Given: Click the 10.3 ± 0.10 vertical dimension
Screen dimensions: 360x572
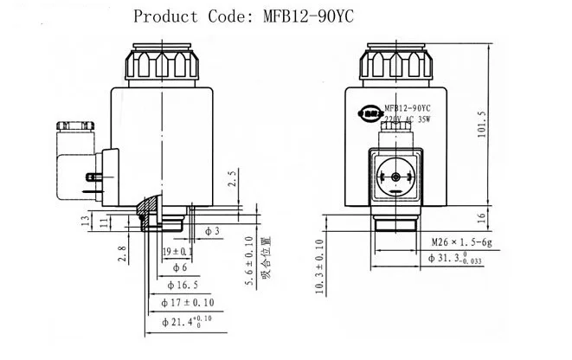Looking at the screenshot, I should (x=320, y=267).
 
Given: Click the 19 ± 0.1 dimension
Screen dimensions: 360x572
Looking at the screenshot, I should (x=179, y=251).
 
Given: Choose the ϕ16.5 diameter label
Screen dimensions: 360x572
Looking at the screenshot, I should (x=181, y=286).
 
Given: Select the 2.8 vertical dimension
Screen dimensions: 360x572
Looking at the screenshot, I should (x=123, y=254).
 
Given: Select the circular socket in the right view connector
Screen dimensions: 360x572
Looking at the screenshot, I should (x=396, y=177).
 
